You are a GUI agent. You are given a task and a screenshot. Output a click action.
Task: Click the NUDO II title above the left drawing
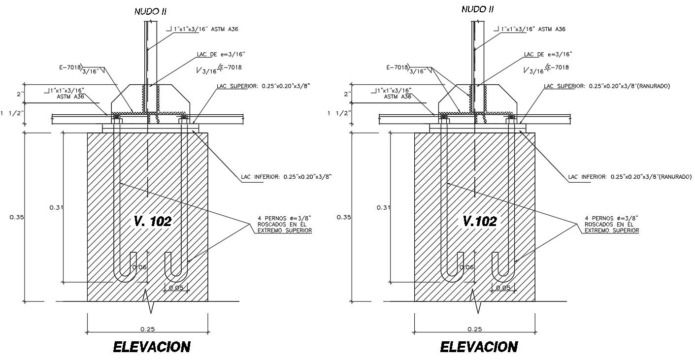pyautogui.click(x=150, y=12)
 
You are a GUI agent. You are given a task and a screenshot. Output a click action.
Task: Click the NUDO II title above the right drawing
pyautogui.click(x=477, y=9)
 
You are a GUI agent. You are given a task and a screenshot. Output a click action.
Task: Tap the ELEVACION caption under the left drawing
pyautogui.click(x=152, y=347)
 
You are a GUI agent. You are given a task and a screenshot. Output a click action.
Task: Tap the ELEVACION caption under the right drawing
pyautogui.click(x=479, y=347)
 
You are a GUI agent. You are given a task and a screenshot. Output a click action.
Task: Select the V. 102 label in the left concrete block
pyautogui.click(x=152, y=221)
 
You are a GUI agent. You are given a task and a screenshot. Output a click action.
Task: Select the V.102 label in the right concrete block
pyautogui.click(x=479, y=221)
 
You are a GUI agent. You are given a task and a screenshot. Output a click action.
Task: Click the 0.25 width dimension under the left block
pyautogui.click(x=147, y=329)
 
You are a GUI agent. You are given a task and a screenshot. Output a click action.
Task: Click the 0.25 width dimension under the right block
pyautogui.click(x=474, y=329)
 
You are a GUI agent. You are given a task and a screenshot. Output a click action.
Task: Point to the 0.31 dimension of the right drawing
pyautogui.click(x=383, y=207)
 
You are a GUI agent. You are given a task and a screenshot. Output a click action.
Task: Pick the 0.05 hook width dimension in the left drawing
pyautogui.click(x=175, y=288)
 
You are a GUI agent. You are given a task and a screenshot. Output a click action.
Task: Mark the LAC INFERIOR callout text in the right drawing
pyautogui.click(x=629, y=176)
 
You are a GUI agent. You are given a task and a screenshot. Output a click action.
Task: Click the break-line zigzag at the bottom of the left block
pyautogui.click(x=150, y=301)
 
